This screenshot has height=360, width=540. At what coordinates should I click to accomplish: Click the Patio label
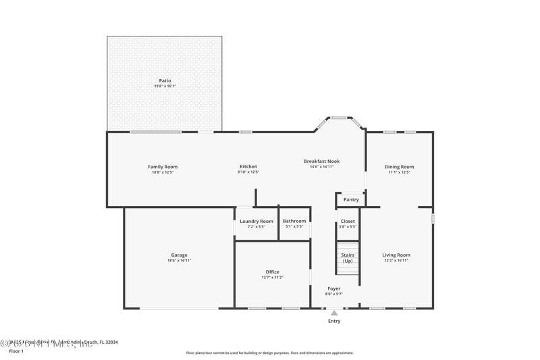click(165, 80)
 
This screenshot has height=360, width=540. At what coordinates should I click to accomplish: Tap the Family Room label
click(162, 167)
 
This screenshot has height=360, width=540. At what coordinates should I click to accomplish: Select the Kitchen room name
click(248, 167)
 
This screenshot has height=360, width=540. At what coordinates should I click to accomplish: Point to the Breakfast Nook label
click(321, 161)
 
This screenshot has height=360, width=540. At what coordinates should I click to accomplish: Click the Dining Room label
click(399, 167)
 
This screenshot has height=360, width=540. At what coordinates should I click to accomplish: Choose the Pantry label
click(351, 199)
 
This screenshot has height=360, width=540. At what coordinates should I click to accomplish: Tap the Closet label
click(348, 221)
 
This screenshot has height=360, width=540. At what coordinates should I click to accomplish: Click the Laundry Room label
click(256, 221)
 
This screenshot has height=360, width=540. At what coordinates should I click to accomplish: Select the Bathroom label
click(294, 221)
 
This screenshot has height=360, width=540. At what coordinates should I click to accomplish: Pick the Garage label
click(179, 255)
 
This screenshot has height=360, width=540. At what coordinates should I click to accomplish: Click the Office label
click(272, 272)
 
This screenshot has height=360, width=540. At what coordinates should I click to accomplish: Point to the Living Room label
click(396, 255)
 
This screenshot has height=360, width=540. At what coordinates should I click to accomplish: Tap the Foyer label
click(334, 288)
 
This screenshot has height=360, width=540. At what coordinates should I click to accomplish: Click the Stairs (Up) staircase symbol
click(348, 258)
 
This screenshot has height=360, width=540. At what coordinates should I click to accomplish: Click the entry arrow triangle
click(334, 313)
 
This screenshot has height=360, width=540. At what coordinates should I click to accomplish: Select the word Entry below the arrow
click(334, 321)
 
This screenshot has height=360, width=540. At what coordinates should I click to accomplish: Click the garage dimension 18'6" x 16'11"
click(179, 260)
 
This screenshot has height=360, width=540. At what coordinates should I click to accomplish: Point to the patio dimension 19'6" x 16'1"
click(165, 86)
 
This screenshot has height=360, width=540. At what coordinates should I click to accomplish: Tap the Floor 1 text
click(16, 351)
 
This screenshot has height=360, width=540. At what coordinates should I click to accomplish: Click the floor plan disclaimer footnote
click(269, 353)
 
